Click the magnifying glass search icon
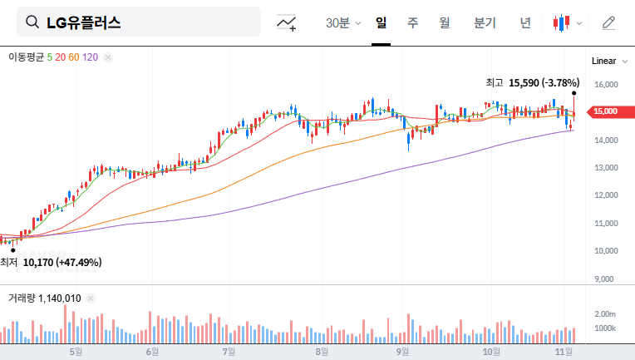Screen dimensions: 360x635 [32, 22]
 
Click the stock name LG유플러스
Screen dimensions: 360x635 [83, 22]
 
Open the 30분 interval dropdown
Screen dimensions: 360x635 [343, 22]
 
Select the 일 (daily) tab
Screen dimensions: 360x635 [381, 22]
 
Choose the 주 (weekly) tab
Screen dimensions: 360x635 [413, 22]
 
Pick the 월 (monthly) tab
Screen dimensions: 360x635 [445, 22]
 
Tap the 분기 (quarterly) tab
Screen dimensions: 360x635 [485, 22]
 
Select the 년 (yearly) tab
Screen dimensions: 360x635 [525, 22]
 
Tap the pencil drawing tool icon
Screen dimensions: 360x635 [608, 22]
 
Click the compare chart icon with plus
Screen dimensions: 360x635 [287, 22]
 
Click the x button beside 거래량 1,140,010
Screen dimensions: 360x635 [91, 298]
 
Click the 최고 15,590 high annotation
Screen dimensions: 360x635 [532, 82]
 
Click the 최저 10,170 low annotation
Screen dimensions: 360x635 [52, 262]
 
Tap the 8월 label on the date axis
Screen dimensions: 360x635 [322, 352]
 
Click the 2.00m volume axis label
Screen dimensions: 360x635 [605, 313]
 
